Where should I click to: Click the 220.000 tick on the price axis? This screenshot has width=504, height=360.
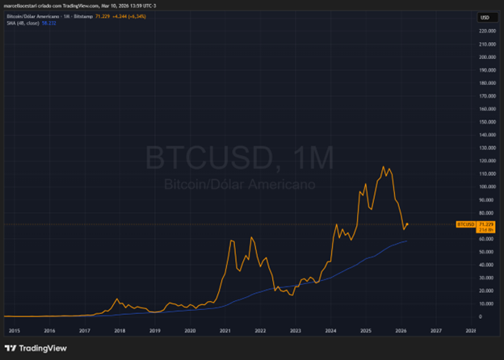point(486,31)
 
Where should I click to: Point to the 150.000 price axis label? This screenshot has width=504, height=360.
point(486,121)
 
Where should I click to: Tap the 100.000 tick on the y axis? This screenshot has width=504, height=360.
point(486,186)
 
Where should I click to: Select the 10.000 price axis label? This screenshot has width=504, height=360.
point(486,303)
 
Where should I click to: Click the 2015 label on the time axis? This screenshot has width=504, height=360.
point(14,330)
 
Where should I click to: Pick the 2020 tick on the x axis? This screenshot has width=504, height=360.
point(190,330)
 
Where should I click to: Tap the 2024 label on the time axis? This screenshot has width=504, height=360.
point(331,330)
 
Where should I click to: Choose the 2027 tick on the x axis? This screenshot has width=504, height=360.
point(436,330)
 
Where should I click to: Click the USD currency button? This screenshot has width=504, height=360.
point(486,17)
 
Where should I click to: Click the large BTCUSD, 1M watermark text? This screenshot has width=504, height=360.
point(239,157)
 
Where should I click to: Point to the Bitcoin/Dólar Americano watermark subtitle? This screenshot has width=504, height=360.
point(239,184)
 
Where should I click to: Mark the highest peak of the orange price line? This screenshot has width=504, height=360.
point(383,167)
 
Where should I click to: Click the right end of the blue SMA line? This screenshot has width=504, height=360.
point(406,241)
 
